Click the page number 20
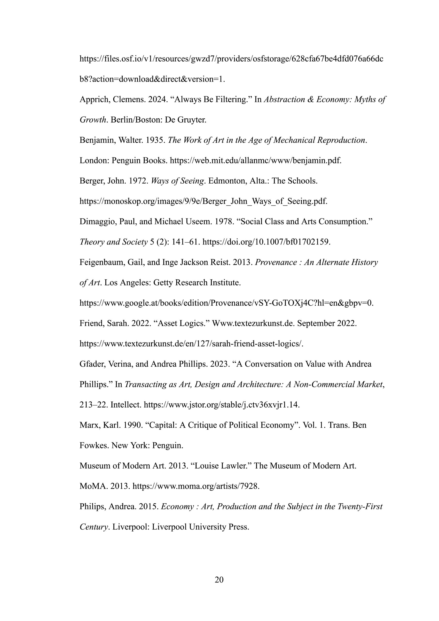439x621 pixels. [219, 580]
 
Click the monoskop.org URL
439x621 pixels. [203, 201]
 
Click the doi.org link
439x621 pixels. [266, 242]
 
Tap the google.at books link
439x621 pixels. [226, 303]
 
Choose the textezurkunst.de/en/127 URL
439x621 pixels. [191, 344]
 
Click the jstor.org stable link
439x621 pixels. [222, 405]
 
